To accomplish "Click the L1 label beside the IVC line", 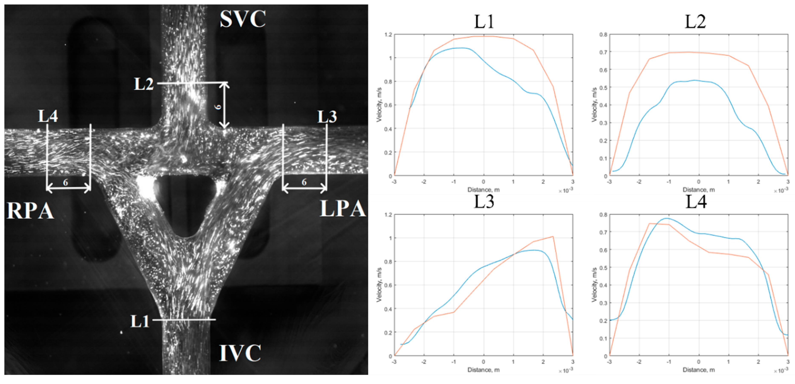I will coord(140,321).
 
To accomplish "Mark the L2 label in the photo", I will coord(143,84).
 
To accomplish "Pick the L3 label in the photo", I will coord(327,117).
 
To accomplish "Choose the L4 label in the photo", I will coord(48,116).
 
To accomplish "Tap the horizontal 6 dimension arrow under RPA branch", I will coord(68,188).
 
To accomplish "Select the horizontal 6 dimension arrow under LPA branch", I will coord(304,187).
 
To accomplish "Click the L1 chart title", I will coord(484,22).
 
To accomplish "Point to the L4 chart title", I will coord(696,202).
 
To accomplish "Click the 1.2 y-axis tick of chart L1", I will coord(388,35).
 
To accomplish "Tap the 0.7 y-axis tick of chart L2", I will coord(603,52).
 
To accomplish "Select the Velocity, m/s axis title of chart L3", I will coord(379,285).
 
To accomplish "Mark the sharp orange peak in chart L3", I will coord(553,237).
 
